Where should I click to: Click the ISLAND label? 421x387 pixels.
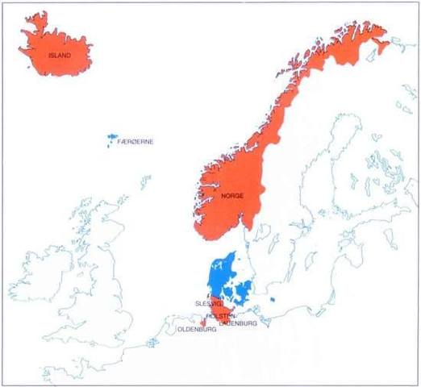[x=60, y=56]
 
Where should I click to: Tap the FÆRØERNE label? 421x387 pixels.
[x=135, y=142]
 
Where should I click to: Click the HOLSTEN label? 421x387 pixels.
[x=219, y=316]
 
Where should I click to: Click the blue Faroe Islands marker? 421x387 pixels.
[x=109, y=140]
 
